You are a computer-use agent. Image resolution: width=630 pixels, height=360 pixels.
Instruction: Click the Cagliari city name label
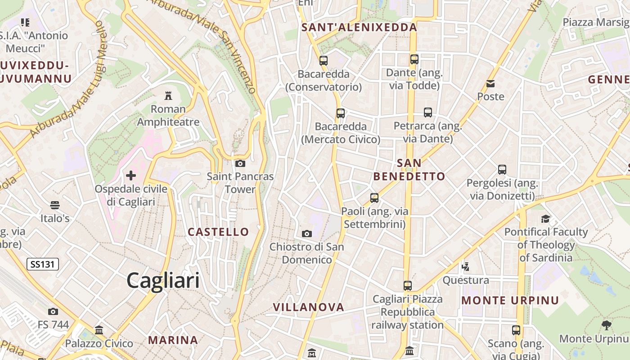click(x=163, y=281)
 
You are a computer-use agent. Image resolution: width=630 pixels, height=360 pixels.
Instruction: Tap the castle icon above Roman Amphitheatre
click(x=168, y=95)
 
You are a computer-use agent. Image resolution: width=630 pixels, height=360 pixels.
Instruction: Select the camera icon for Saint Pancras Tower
click(x=240, y=163)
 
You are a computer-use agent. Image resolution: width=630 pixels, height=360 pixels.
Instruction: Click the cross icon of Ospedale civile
click(x=131, y=175)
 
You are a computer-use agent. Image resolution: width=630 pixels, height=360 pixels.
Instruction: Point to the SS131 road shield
click(x=43, y=264)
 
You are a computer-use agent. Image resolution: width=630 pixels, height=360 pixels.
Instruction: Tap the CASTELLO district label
click(x=218, y=232)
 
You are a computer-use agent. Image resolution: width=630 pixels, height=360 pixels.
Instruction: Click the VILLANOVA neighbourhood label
click(x=309, y=307)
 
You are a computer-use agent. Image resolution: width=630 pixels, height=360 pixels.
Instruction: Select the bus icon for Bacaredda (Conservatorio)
click(x=323, y=60)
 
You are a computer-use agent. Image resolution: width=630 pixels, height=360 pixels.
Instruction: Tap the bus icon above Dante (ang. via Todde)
click(x=414, y=59)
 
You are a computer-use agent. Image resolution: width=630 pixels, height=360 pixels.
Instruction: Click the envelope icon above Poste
click(x=490, y=84)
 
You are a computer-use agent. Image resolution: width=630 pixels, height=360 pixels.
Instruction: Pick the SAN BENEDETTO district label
click(x=409, y=170)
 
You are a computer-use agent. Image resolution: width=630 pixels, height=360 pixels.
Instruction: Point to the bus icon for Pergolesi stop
click(x=502, y=170)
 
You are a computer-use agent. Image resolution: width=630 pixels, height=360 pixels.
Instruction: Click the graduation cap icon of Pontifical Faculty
click(x=545, y=219)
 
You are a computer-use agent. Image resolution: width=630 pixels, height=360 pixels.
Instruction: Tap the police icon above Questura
click(x=465, y=267)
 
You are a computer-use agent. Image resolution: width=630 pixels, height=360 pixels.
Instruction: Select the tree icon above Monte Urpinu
click(x=606, y=325)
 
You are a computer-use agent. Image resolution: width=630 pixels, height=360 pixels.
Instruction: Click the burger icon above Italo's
click(x=55, y=205)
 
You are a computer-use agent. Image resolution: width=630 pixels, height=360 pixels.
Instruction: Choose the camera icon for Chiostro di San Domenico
click(x=307, y=234)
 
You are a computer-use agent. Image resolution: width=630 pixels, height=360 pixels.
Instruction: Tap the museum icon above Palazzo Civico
click(x=99, y=330)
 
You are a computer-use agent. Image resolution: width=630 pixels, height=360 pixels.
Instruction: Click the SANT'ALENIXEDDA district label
click(x=359, y=27)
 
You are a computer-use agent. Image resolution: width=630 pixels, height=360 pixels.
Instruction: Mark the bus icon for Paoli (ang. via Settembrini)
click(x=374, y=198)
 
